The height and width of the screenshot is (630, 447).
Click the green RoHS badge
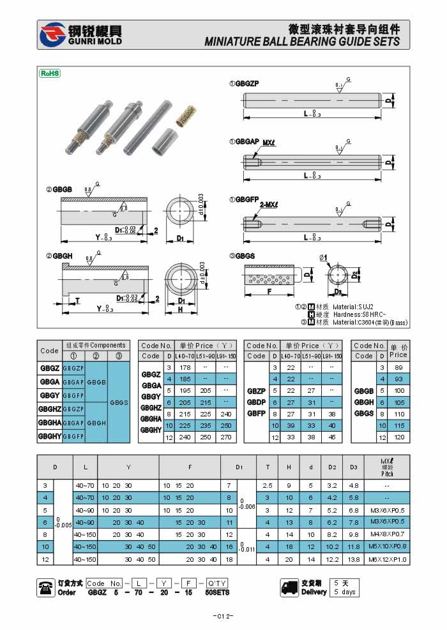click(x=50, y=73)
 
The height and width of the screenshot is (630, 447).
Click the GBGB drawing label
click(x=59, y=189)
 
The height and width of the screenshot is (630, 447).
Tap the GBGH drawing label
click(x=59, y=256)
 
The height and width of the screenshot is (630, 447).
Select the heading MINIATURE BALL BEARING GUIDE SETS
click(x=302, y=42)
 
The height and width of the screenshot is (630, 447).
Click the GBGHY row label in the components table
click(x=50, y=436)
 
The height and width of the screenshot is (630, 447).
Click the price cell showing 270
click(x=225, y=437)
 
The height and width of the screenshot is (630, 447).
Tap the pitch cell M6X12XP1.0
click(x=386, y=559)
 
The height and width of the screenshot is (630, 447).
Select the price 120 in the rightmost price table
click(x=398, y=437)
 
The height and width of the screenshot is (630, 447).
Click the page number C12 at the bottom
click(x=223, y=616)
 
